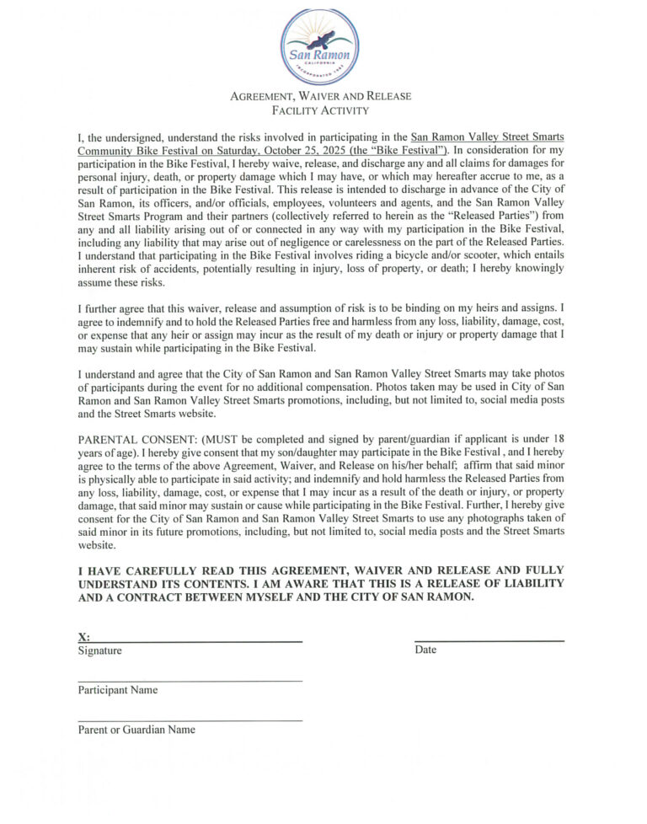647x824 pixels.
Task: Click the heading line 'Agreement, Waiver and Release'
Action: (320, 96)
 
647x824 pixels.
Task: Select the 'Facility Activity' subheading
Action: (320, 110)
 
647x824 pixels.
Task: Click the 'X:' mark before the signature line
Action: (84, 637)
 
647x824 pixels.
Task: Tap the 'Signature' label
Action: (99, 650)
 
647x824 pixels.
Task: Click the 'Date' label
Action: (425, 650)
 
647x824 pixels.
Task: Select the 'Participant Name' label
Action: (118, 690)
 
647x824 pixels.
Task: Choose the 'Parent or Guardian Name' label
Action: (136, 730)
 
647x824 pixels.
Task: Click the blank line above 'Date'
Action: (489, 641)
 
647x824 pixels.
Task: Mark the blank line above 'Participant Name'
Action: (190, 681)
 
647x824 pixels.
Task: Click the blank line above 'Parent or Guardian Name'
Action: (190, 720)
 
